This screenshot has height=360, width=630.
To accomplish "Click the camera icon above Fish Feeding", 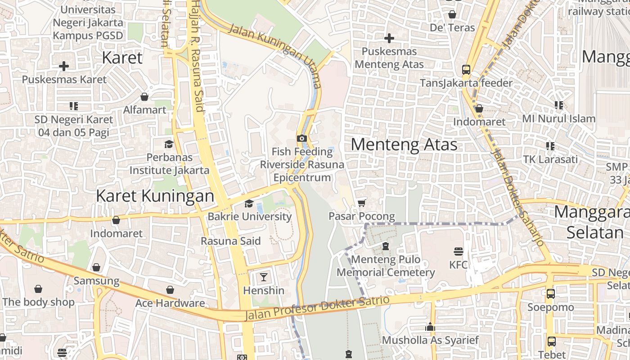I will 302,138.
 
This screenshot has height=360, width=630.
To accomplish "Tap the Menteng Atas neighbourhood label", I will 404,144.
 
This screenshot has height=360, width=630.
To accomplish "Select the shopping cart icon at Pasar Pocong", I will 361,203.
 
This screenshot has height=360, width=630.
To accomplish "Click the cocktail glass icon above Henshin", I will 264,277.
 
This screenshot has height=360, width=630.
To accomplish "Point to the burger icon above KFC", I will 459,251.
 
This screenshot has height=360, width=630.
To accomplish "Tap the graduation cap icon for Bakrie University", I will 249,203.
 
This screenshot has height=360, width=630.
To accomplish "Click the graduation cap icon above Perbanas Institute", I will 169,144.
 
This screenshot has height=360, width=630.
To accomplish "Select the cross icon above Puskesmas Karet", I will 64,66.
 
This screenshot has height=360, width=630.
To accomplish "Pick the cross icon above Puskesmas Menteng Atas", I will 389,38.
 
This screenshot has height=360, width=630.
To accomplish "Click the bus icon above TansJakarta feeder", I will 466,70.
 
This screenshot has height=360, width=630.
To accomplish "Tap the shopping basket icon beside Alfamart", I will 144,97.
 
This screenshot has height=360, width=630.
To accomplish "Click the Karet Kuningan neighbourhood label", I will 155,196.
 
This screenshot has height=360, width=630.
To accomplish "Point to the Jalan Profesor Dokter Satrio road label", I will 317,308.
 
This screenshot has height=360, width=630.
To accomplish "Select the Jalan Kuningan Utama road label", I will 275,56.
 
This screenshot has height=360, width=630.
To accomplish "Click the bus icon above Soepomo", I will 550,294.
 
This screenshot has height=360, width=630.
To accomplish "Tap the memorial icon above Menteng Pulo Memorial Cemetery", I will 386,246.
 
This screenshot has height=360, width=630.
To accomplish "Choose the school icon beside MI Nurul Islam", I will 559,105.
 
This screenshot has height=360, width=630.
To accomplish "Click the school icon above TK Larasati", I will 550,146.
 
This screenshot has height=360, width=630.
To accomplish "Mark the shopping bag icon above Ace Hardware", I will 170,290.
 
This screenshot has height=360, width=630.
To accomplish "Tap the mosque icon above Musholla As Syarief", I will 430,327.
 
